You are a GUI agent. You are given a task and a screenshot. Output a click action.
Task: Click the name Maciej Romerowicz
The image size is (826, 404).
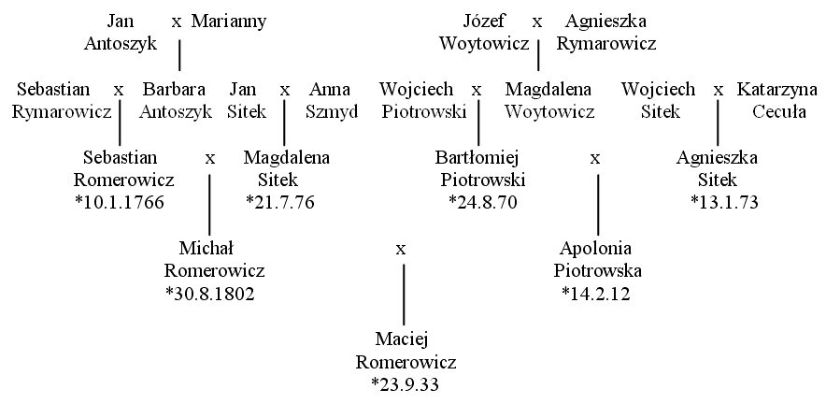(x=406, y=351)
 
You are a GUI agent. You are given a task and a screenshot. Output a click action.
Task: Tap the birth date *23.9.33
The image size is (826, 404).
(x=406, y=384)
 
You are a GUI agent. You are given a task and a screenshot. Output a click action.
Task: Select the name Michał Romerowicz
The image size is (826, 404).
(x=214, y=259)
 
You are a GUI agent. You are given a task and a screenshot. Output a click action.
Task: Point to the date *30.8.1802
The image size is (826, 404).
(x=210, y=294)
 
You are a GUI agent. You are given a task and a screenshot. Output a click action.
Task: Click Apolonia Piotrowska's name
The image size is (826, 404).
(x=597, y=259)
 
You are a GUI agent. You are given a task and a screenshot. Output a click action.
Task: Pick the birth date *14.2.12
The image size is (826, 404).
(x=596, y=294)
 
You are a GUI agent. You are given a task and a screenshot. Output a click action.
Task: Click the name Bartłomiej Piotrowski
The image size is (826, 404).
(x=482, y=168)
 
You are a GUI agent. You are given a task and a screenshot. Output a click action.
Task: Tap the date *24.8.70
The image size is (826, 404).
(x=483, y=203)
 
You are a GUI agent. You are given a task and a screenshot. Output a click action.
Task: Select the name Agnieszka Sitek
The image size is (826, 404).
(x=718, y=168)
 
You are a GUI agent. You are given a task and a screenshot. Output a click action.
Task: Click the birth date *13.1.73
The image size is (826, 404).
(x=724, y=203)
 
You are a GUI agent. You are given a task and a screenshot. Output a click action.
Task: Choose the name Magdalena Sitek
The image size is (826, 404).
(x=286, y=168)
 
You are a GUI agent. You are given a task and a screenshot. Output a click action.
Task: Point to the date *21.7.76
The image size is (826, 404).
(x=280, y=203)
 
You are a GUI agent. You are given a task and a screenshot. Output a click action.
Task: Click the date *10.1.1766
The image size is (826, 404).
(x=121, y=203)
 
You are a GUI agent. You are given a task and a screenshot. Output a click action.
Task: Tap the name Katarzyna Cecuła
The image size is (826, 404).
(x=777, y=100)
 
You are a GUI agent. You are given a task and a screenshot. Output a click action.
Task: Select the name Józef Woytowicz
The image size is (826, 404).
(x=485, y=32)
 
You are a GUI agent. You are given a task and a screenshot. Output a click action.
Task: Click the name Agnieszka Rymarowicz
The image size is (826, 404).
(x=606, y=32)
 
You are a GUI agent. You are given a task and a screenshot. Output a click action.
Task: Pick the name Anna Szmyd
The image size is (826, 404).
(x=332, y=100)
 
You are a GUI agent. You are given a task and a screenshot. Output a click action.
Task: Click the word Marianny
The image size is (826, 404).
(x=229, y=22)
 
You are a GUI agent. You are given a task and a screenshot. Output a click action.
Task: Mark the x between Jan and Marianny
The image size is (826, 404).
(x=177, y=22)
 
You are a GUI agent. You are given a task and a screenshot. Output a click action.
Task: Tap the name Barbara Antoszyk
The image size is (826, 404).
(x=176, y=100)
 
